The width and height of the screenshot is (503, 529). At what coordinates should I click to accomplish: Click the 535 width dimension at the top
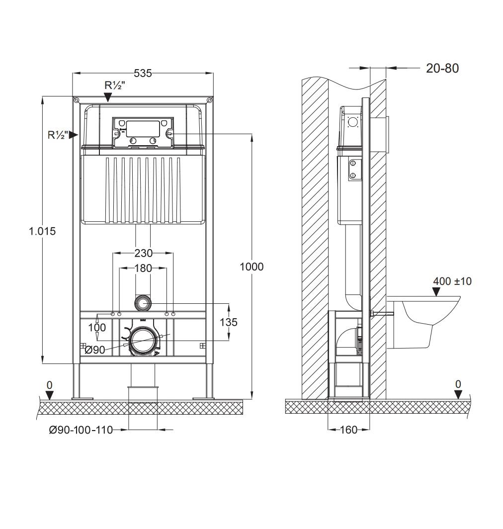(x=143, y=74)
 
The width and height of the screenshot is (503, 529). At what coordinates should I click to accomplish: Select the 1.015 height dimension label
(x=42, y=231)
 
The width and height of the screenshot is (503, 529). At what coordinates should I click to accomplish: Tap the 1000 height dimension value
(x=251, y=266)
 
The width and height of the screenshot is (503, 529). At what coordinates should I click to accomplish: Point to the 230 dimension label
(x=143, y=253)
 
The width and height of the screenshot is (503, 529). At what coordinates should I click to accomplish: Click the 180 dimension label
(x=143, y=268)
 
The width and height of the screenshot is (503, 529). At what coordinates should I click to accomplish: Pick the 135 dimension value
(x=229, y=322)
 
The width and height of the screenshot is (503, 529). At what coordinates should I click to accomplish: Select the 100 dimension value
(x=97, y=327)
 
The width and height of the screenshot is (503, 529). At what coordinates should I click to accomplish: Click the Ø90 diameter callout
(x=95, y=350)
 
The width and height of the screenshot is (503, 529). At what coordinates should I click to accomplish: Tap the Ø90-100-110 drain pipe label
(x=81, y=430)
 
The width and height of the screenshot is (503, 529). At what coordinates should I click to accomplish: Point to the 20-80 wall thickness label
(x=442, y=68)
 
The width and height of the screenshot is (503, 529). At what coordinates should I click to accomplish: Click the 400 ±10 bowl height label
(x=452, y=281)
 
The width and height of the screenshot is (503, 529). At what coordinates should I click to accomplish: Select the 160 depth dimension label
(x=349, y=430)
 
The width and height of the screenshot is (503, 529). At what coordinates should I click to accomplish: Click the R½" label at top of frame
(x=114, y=85)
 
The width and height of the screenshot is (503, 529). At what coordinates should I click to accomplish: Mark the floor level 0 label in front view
(x=49, y=385)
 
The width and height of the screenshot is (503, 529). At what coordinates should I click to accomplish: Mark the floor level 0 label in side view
(x=458, y=384)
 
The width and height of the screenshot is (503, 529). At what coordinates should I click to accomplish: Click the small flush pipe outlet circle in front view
(x=143, y=303)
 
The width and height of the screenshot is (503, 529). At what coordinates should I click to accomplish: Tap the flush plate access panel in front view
(x=143, y=133)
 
